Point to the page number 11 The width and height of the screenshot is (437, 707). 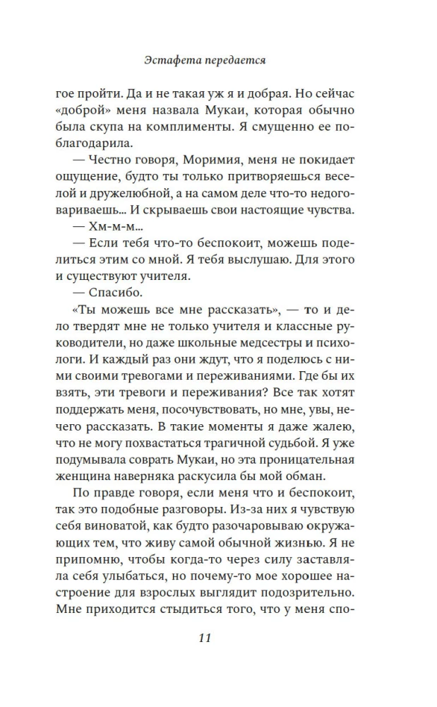click(205, 637)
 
